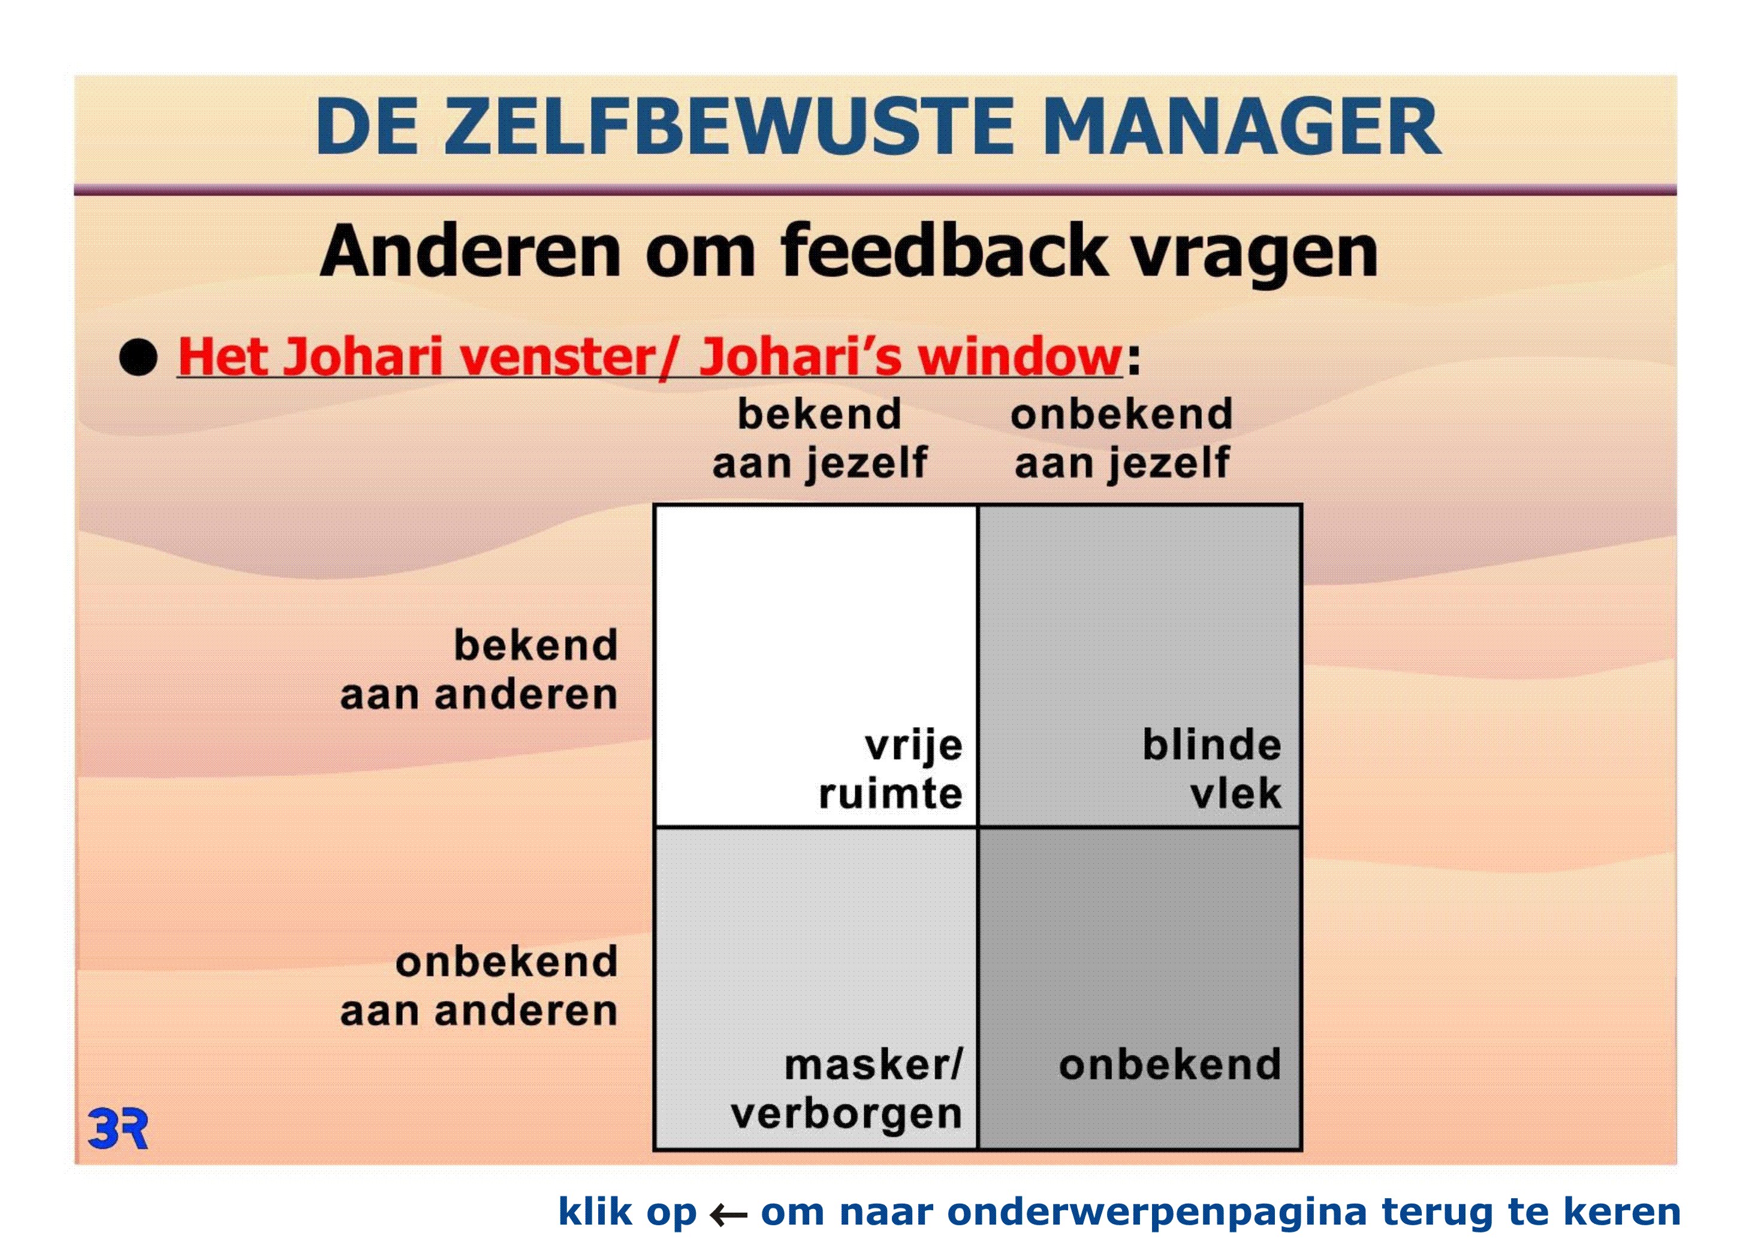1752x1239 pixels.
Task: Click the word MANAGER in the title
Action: [x=1241, y=126]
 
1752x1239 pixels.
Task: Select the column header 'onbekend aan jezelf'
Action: [x=1121, y=439]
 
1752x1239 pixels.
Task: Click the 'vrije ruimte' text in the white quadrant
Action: [x=891, y=769]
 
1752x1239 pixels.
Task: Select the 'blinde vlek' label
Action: [x=1212, y=769]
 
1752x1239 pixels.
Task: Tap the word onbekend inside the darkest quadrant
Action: [x=1170, y=1065]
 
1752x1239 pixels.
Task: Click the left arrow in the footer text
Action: [x=728, y=1214]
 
